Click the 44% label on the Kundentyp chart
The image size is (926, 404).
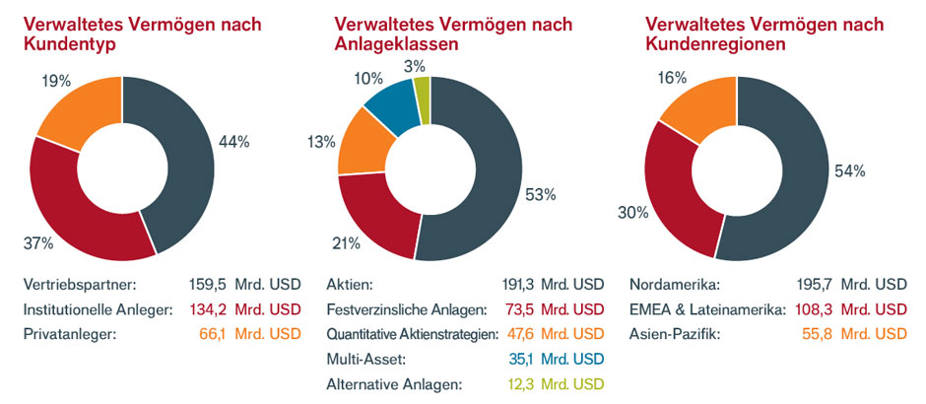coord(235,142)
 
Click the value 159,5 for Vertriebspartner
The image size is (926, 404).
coord(209,285)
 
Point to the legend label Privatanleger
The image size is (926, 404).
coord(69,334)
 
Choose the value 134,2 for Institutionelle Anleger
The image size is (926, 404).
coord(208,309)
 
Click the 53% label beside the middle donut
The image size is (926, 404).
coord(541,195)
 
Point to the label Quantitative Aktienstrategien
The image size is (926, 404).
coord(411,334)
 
